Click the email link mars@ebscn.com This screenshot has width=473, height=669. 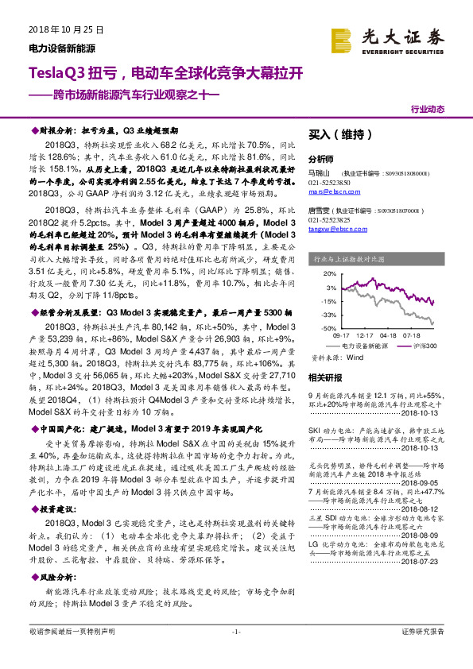pyautogui.click(x=328, y=191)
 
